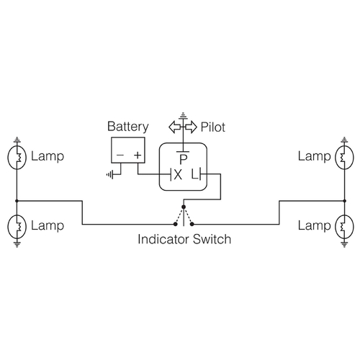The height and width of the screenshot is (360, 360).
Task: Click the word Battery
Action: click(x=128, y=127)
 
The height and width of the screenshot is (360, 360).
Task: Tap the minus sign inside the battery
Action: click(x=120, y=155)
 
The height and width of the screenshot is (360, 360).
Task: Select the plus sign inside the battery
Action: click(x=137, y=155)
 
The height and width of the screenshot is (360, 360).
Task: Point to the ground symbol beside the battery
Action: click(x=109, y=174)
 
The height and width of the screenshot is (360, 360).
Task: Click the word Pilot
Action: click(x=214, y=127)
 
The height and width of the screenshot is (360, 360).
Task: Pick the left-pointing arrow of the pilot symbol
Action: click(x=175, y=127)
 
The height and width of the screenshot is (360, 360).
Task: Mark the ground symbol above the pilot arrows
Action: click(x=184, y=114)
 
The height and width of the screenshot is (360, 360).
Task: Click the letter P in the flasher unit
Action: click(x=184, y=158)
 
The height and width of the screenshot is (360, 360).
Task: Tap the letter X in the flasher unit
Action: click(x=177, y=174)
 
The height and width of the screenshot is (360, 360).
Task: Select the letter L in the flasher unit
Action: click(x=194, y=174)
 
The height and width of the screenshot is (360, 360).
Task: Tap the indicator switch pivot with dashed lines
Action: click(x=185, y=214)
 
